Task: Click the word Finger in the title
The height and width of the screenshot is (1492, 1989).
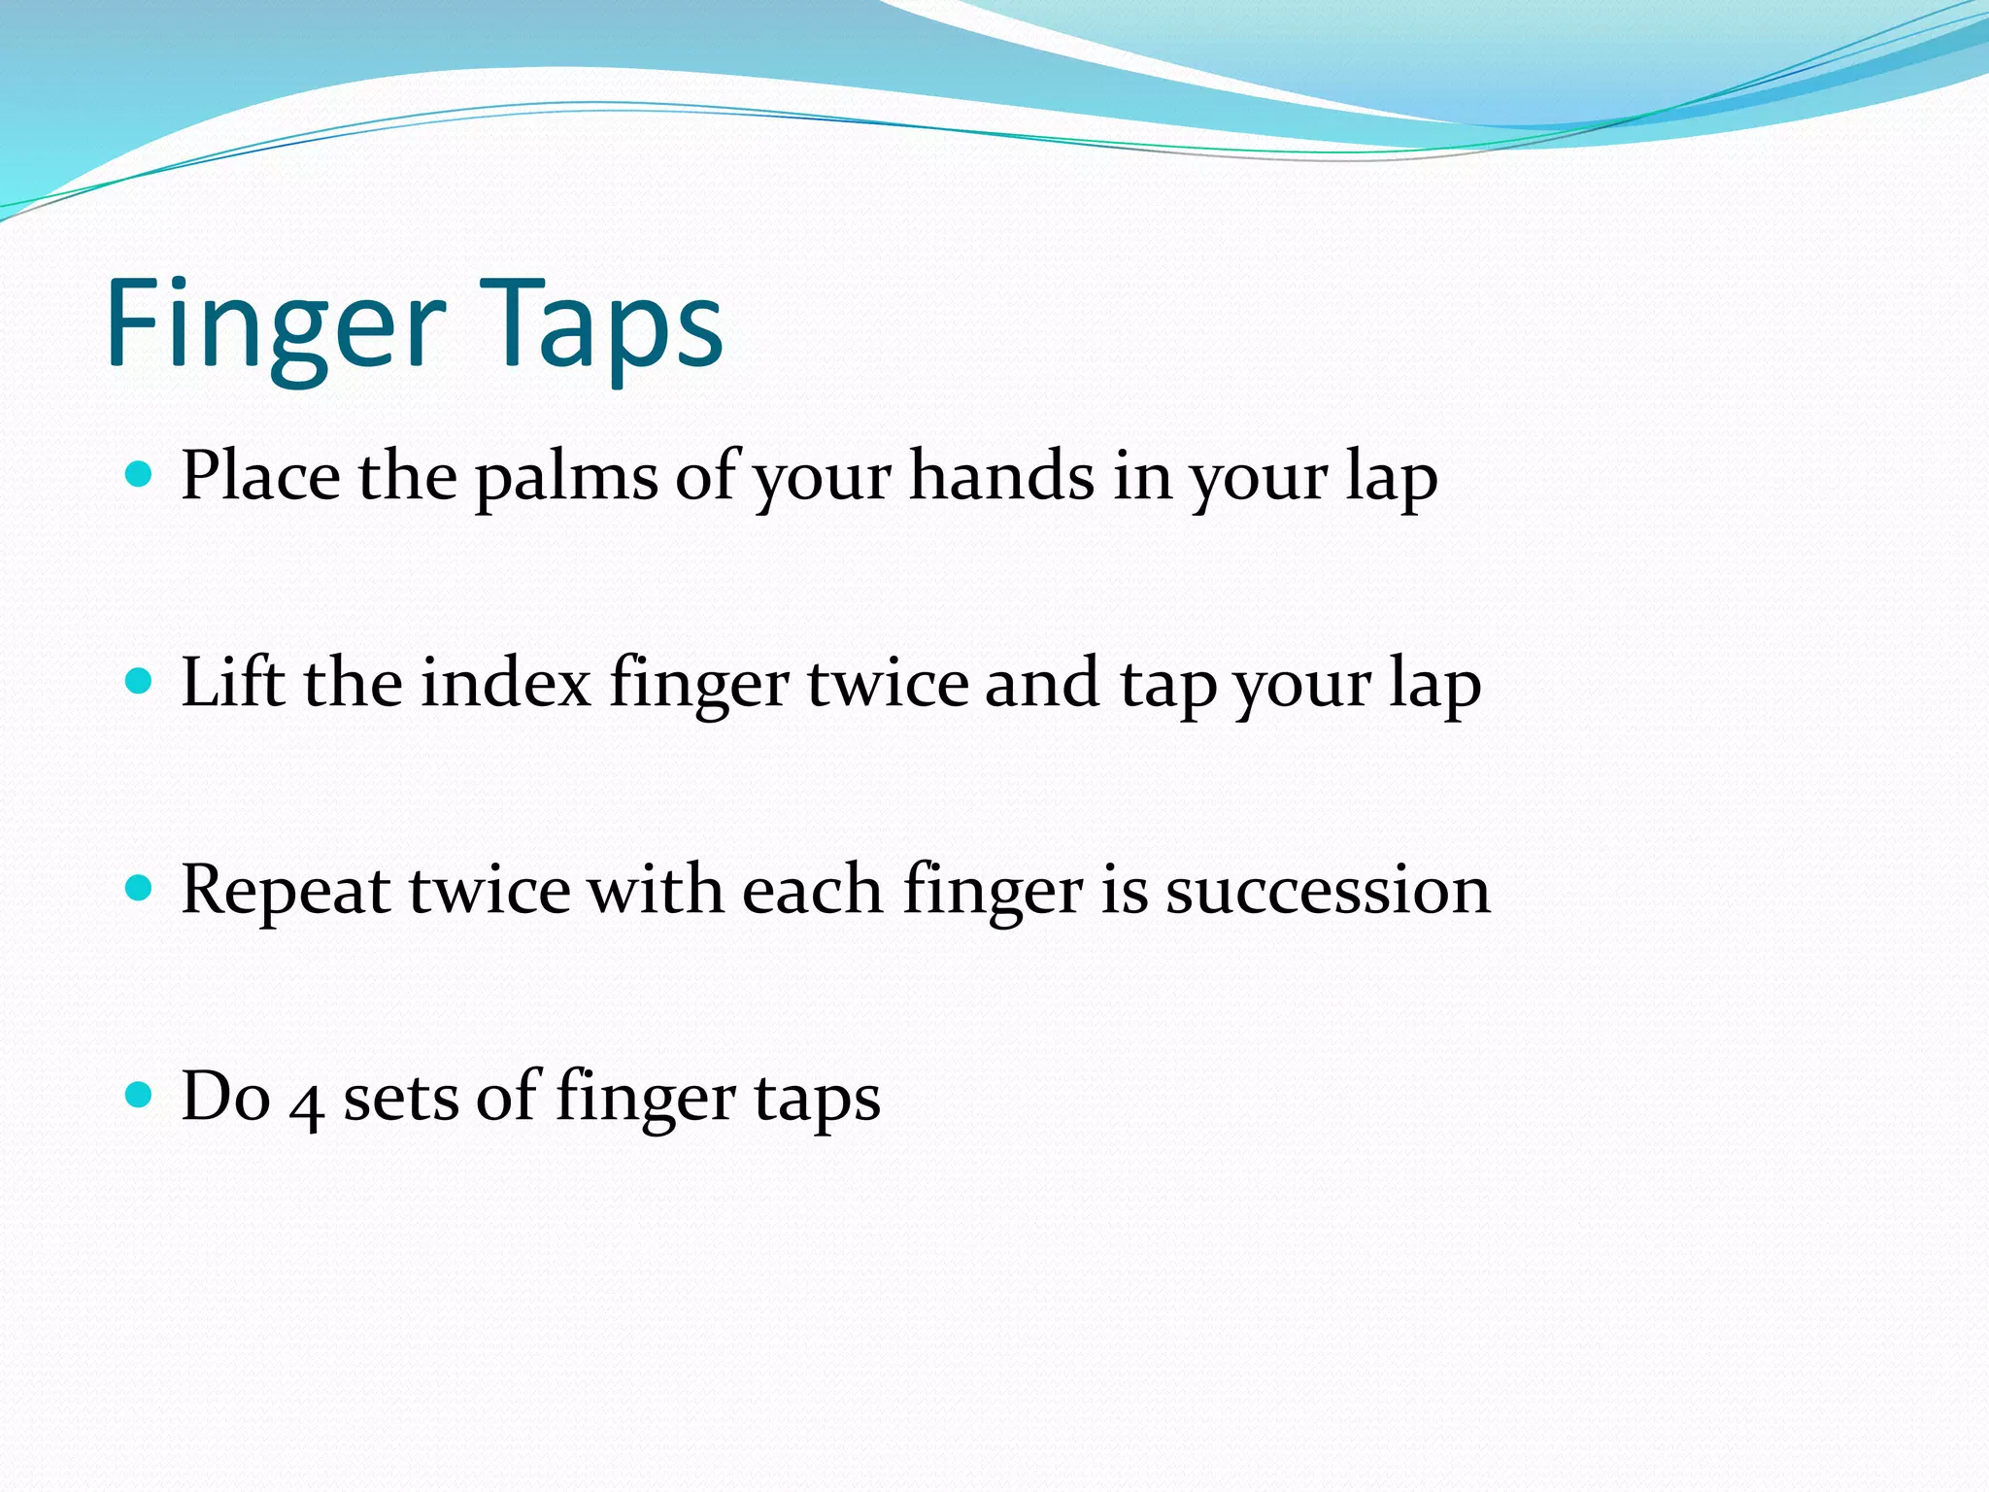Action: coord(276,325)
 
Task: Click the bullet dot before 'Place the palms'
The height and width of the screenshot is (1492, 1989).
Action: coord(140,474)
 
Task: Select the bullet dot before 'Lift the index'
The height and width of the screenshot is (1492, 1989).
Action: coord(140,681)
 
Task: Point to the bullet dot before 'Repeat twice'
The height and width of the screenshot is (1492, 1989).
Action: coord(140,888)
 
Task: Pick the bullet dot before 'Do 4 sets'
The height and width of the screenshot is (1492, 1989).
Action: coord(140,1095)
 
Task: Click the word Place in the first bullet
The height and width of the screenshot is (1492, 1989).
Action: coord(260,476)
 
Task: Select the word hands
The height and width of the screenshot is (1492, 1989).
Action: coord(1001,476)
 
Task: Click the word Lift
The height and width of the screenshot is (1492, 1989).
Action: coord(233,682)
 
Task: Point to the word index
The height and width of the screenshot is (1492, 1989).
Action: coord(506,682)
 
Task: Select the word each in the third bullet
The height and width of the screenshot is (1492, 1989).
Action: coord(812,890)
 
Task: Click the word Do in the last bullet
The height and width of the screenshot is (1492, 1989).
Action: coord(225,1097)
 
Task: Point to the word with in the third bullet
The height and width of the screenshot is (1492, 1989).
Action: coord(656,890)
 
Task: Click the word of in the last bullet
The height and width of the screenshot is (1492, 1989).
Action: coord(508,1097)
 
